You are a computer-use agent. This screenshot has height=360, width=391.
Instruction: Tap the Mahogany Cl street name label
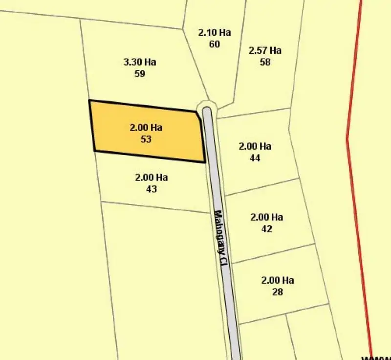click(x=221, y=238)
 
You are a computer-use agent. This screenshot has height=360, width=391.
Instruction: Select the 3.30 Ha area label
click(x=140, y=62)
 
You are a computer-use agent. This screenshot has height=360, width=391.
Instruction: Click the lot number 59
click(x=140, y=74)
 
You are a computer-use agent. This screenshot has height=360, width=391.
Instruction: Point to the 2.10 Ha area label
click(x=214, y=33)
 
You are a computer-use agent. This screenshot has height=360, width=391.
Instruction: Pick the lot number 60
click(x=214, y=45)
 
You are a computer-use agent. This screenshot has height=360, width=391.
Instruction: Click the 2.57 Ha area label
click(x=265, y=50)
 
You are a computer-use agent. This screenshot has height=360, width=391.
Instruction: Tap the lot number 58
click(x=265, y=62)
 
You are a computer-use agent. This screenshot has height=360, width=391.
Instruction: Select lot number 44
click(x=255, y=158)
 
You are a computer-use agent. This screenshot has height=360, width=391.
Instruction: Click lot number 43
click(x=152, y=189)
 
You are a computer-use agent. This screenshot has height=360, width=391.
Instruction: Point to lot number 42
click(x=266, y=229)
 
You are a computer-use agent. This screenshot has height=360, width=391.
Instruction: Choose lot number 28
click(x=278, y=292)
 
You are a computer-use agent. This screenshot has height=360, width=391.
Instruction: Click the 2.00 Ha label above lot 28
click(x=278, y=280)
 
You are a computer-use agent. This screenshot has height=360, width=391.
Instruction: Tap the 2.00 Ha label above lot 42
click(x=266, y=217)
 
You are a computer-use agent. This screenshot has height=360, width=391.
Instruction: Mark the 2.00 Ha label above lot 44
click(x=255, y=146)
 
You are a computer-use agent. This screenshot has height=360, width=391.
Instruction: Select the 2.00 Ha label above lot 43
click(x=152, y=177)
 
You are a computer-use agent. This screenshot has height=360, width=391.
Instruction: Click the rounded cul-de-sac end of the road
click(x=207, y=108)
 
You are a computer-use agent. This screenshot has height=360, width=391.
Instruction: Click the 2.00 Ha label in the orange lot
click(x=146, y=127)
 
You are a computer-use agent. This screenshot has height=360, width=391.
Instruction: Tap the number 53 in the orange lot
click(x=146, y=139)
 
